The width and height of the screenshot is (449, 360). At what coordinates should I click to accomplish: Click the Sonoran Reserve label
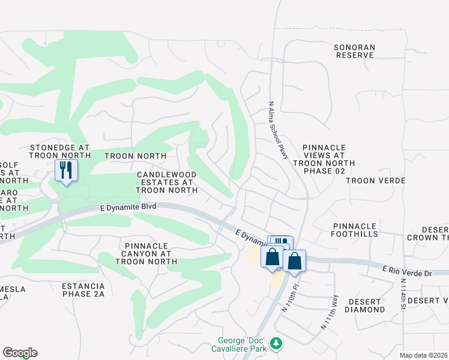(x=355, y=50)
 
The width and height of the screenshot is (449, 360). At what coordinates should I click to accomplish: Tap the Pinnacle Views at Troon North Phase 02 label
(x=324, y=158)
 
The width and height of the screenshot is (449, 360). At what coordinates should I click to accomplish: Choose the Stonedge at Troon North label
(x=60, y=151)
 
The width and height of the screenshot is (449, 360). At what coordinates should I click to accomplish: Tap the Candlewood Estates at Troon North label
(x=167, y=182)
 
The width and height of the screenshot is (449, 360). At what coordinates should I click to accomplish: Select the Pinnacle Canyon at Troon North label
(x=151, y=253)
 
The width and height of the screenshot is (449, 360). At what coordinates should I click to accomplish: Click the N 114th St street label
(x=402, y=295)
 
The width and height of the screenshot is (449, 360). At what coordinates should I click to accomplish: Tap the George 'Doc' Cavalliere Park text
(x=238, y=349)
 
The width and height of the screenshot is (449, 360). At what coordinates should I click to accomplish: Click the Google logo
(x=20, y=353)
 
